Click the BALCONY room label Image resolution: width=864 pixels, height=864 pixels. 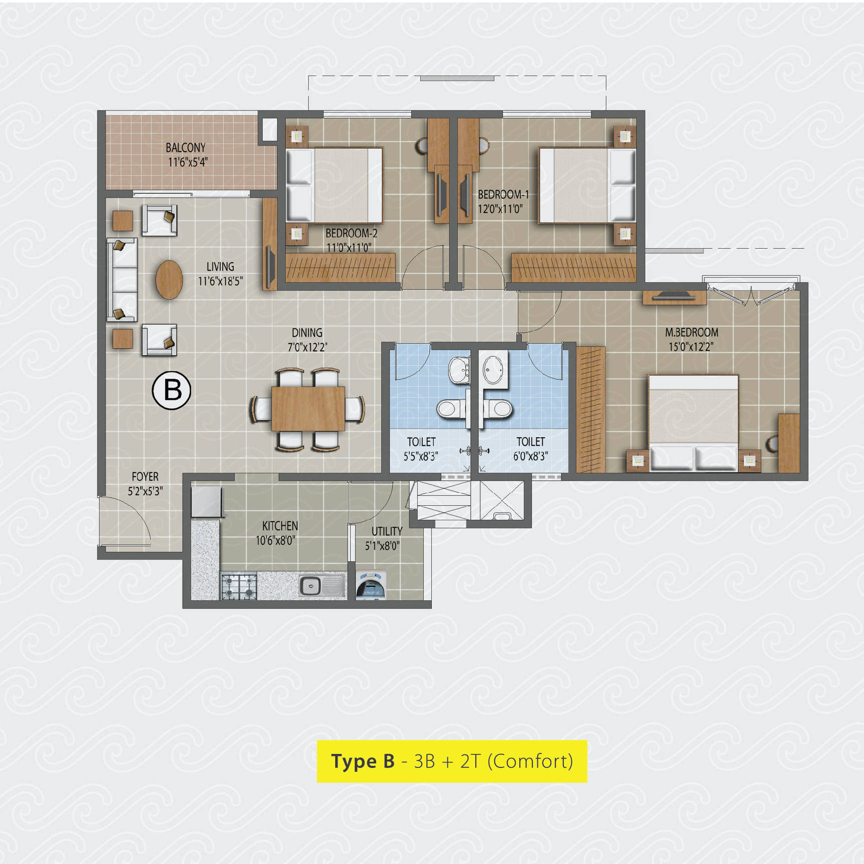[186, 148]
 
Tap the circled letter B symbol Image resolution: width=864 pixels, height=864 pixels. [172, 391]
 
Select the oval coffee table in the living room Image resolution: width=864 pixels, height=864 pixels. [169, 280]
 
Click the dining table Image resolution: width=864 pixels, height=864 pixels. [308, 408]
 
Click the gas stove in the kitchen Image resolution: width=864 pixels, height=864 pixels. [239, 586]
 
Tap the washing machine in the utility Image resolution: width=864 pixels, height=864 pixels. [371, 585]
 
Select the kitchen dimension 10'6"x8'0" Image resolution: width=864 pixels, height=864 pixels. [276, 540]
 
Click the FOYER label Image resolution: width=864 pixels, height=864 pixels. [145, 477]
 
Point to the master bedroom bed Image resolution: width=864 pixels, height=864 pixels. [693, 423]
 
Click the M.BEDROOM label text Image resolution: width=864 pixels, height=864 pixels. [691, 332]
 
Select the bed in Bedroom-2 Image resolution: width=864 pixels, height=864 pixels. [334, 185]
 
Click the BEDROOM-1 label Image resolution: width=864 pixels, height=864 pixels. [503, 195]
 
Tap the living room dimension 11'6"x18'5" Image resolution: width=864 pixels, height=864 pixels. [220, 281]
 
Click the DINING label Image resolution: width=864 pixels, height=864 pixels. [307, 333]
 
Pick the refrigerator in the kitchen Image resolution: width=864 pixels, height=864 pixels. [207, 501]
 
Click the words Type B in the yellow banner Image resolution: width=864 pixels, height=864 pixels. [363, 761]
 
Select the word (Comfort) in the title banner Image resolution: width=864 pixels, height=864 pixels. [530, 761]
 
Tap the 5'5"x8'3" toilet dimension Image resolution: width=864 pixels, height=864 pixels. [421, 456]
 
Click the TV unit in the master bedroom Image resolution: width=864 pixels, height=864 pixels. [674, 297]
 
